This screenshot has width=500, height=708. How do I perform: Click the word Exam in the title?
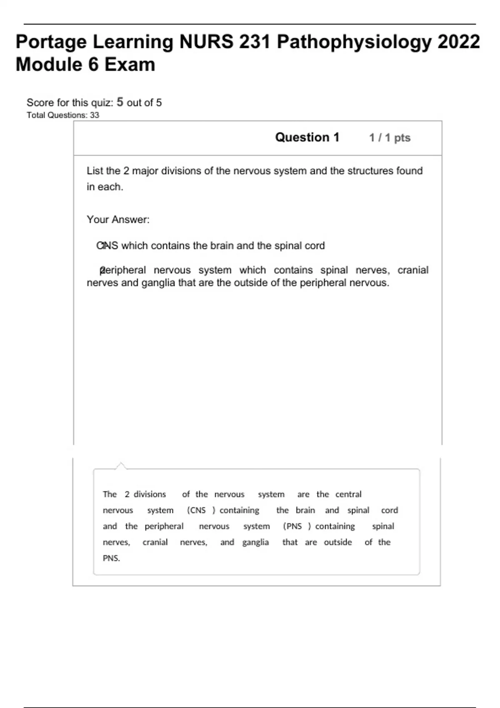130,65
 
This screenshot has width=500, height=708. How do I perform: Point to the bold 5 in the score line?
120,102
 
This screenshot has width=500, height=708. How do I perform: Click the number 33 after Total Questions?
95,115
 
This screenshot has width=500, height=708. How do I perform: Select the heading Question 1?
307,137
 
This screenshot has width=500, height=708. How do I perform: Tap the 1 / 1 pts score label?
390,138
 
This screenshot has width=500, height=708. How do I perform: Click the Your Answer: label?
118,219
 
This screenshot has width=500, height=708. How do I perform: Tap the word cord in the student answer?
315,246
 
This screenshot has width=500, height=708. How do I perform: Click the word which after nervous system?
252,270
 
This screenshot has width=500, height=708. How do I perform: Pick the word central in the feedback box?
348,494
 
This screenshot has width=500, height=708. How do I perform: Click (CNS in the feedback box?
197,510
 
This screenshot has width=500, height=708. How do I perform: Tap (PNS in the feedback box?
292,526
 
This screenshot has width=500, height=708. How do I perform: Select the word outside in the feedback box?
338,542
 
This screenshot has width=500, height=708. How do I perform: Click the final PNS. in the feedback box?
111,558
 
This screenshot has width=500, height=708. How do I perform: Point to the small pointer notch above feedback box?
121,466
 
